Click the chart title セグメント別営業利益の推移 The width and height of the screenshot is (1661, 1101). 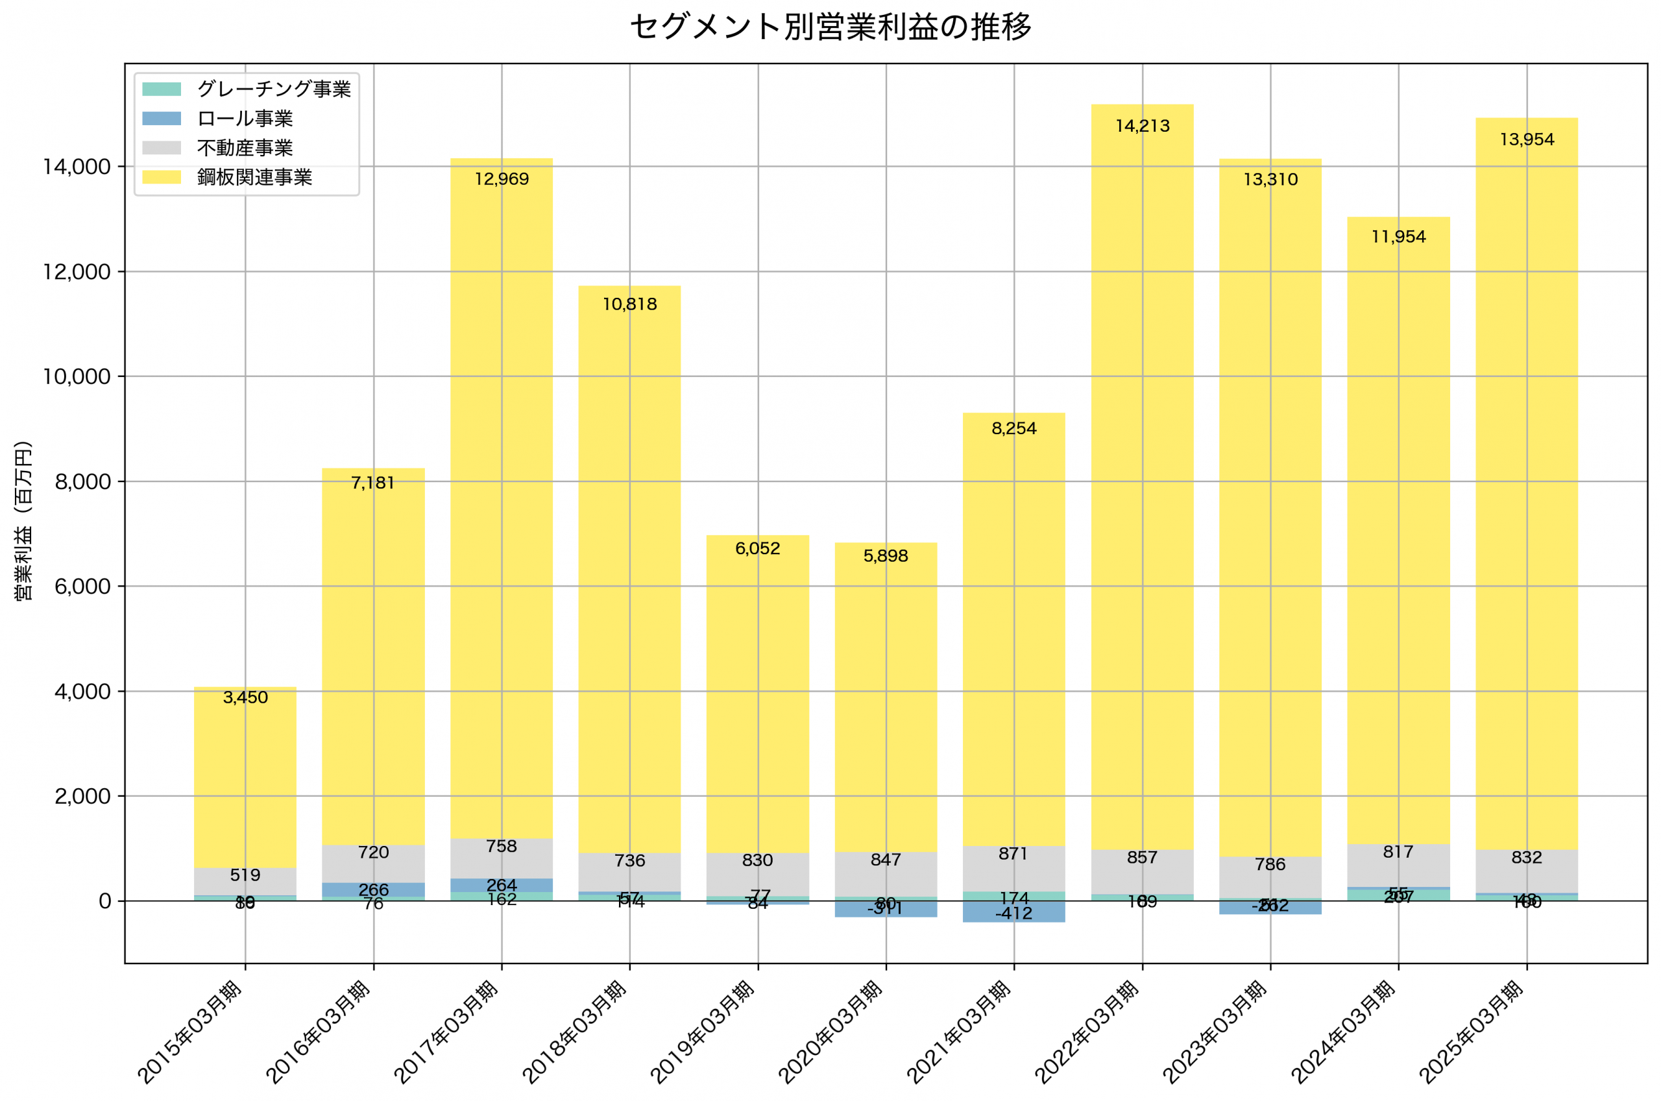tap(830, 27)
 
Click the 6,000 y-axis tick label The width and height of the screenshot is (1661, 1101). tap(82, 587)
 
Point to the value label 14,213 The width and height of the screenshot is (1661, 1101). tap(1142, 127)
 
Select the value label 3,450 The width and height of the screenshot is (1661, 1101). tap(245, 698)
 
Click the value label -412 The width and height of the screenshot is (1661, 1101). tap(1013, 913)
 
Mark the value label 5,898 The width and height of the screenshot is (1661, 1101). tap(885, 556)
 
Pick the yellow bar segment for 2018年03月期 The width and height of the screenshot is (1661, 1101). tap(629, 562)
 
